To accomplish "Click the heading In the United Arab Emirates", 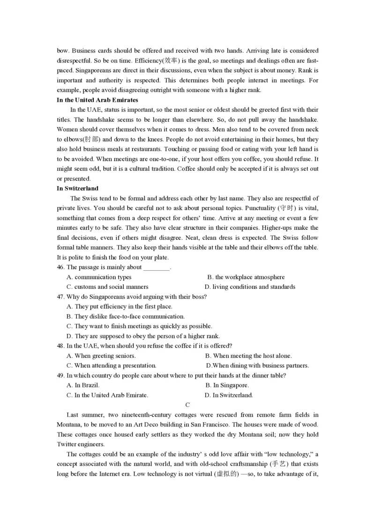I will pos(97,100).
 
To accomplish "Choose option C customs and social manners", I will pos(108,287).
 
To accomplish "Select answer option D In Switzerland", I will pos(229,395).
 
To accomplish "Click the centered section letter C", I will pos(187,405).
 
